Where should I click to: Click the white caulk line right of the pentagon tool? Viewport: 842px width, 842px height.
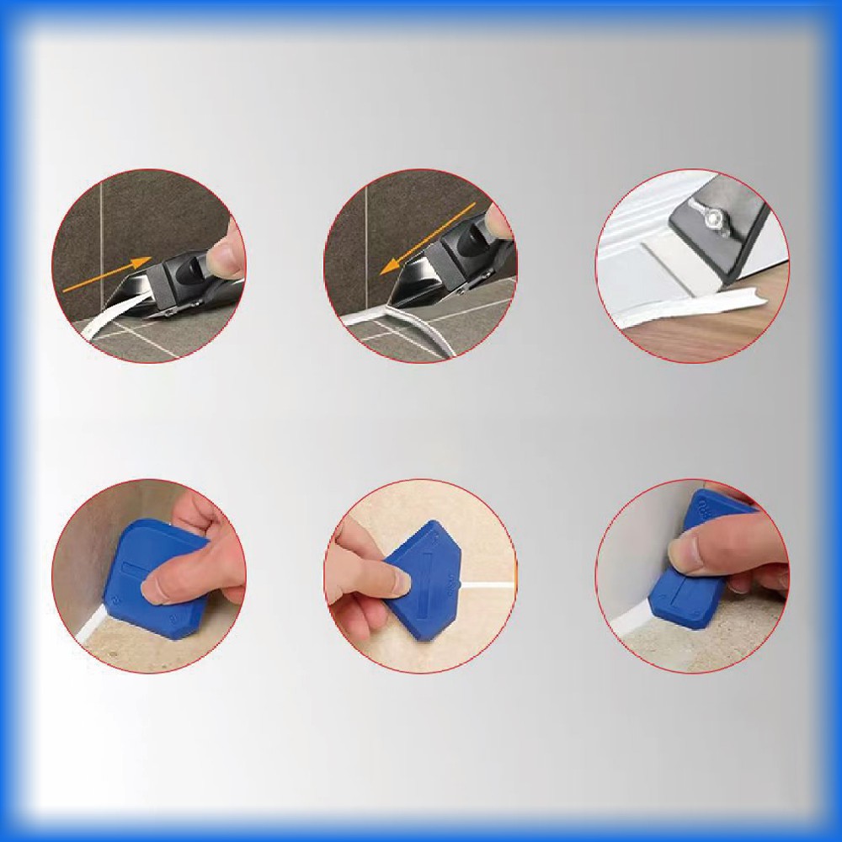488,584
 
